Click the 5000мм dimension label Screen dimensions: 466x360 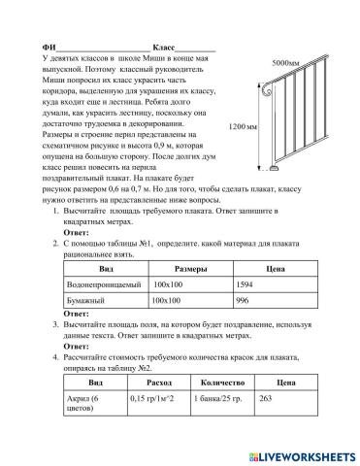[x=285, y=62]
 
